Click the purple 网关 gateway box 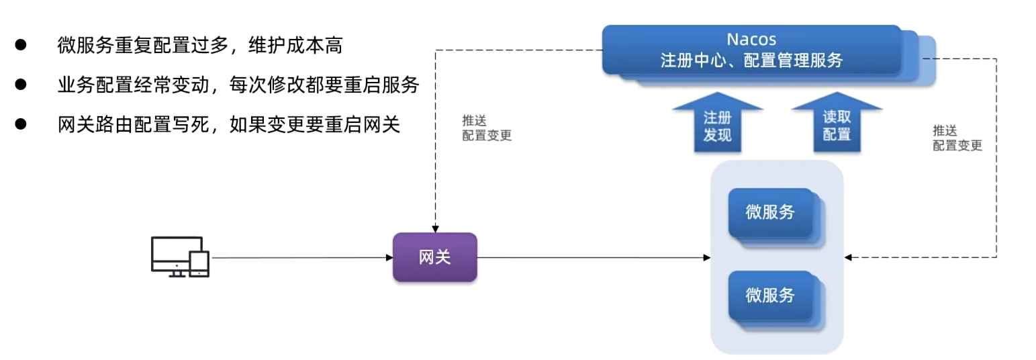pyautogui.click(x=434, y=257)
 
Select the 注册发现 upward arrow pyautogui.click(x=717, y=125)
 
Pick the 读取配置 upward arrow pyautogui.click(x=837, y=124)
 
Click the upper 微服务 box pyautogui.click(x=770, y=212)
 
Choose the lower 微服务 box pyautogui.click(x=770, y=295)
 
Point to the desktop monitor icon pyautogui.click(x=173, y=254)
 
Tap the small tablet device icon pyautogui.click(x=199, y=263)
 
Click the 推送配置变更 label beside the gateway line pyautogui.click(x=486, y=128)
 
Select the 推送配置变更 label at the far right pyautogui.click(x=957, y=138)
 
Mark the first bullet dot pyautogui.click(x=21, y=45)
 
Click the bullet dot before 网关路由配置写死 pyautogui.click(x=21, y=124)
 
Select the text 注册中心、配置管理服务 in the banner pyautogui.click(x=751, y=60)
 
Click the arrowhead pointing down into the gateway pyautogui.click(x=435, y=229)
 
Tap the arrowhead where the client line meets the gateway pyautogui.click(x=389, y=257)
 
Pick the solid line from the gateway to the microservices pyautogui.click(x=591, y=257)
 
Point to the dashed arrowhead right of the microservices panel pyautogui.click(x=848, y=257)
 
